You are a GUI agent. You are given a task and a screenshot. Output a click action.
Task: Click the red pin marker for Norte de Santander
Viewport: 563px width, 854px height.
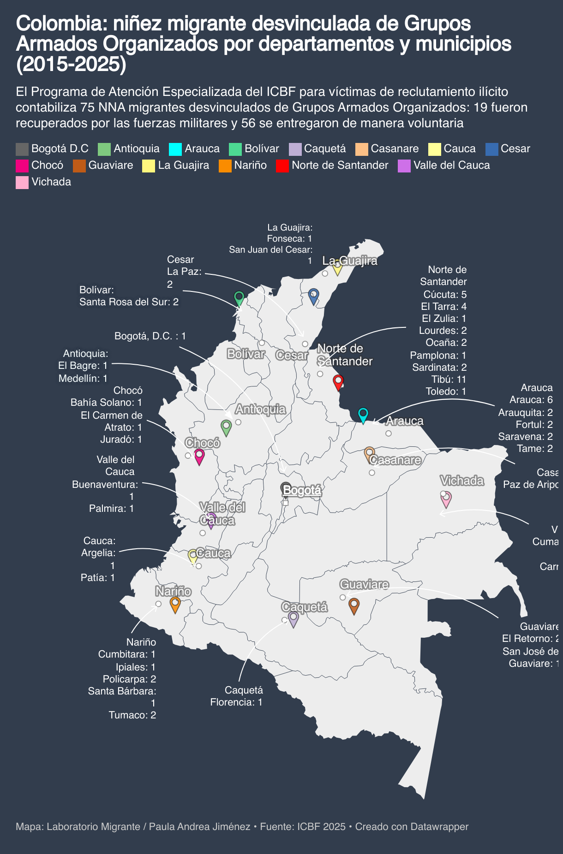(338, 382)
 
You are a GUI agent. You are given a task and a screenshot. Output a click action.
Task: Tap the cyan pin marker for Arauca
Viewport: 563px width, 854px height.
(363, 414)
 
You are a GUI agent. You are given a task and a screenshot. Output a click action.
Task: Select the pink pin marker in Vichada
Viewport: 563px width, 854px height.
(446, 499)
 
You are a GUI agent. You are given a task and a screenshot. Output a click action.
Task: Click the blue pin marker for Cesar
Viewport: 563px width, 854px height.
(313, 295)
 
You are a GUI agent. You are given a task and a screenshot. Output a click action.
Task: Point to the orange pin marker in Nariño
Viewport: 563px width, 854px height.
(175, 604)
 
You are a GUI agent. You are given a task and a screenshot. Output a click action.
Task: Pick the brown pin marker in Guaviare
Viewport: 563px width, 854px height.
(354, 605)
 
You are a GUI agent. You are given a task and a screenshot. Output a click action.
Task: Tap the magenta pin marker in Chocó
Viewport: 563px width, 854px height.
(199, 456)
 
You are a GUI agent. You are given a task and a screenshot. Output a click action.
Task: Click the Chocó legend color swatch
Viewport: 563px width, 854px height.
(22, 166)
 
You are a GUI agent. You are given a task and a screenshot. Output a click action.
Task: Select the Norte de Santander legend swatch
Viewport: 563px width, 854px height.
(282, 166)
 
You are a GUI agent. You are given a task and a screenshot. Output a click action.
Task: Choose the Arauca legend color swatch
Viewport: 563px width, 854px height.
(175, 149)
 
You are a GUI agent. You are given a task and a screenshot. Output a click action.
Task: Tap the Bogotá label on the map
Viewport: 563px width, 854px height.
(302, 490)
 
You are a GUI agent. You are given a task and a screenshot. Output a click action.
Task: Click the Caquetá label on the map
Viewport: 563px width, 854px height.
(305, 607)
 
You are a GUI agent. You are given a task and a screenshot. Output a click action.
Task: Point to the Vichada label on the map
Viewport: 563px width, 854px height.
(462, 480)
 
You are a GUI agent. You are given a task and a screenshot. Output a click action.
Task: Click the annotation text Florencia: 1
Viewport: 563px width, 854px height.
(236, 702)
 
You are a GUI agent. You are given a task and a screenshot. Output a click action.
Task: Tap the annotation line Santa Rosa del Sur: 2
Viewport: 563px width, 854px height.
(129, 302)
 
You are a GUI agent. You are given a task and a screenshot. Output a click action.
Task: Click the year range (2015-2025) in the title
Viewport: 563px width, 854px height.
(71, 65)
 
